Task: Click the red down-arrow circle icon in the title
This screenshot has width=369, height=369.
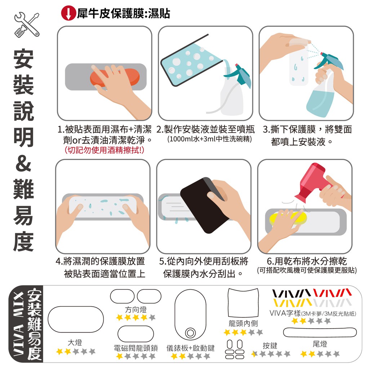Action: tap(68, 13)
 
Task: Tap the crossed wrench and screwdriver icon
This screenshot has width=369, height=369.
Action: tap(27, 25)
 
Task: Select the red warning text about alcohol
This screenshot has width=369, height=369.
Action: tap(104, 150)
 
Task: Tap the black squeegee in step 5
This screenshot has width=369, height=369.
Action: tap(204, 205)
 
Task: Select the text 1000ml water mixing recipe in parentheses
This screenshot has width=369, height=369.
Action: tap(209, 139)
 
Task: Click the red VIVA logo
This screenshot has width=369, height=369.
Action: tap(332, 293)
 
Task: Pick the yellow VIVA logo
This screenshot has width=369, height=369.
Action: tap(293, 303)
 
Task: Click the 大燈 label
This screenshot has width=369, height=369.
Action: tap(75, 343)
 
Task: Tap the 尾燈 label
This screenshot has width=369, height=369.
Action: tap(320, 344)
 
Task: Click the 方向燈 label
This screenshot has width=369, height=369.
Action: tap(136, 310)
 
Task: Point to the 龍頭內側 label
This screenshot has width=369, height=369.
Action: tap(243, 324)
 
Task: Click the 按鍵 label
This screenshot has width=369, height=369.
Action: tap(270, 346)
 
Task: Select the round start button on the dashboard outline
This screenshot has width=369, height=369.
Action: tap(190, 333)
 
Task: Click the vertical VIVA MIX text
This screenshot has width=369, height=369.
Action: tap(18, 324)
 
